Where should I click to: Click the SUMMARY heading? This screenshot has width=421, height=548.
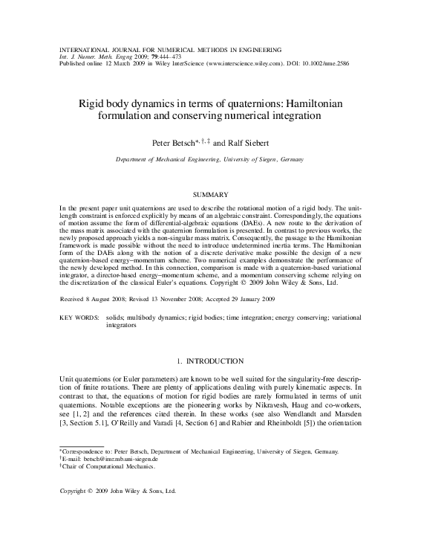pos(210,194)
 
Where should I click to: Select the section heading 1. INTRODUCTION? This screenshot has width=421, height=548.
pos(210,361)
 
